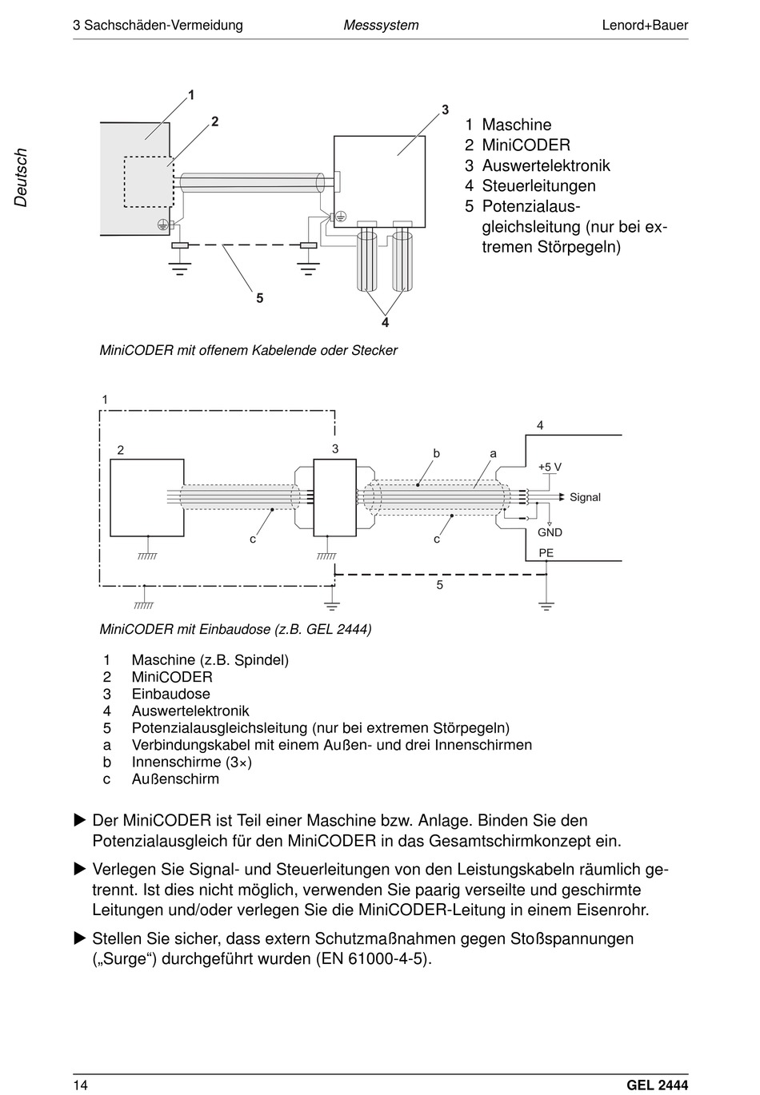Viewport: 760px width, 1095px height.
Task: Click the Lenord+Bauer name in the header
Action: pos(644,25)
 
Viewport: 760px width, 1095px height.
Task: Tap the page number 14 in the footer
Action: pos(80,1085)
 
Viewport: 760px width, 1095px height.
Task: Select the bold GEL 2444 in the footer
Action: pos(657,1085)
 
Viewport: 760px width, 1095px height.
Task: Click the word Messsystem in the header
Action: pos(381,25)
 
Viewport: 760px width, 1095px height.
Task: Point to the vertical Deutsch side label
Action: pos(21,177)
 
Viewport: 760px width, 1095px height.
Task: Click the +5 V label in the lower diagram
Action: pos(550,467)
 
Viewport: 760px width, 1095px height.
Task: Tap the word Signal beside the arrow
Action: pos(585,497)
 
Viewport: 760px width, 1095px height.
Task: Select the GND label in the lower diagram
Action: pos(550,532)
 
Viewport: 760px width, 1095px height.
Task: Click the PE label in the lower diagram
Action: pos(546,553)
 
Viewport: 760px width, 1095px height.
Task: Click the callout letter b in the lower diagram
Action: pos(437,453)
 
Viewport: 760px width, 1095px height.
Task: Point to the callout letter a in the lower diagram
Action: pos(494,453)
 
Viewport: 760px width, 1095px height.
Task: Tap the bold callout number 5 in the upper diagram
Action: pos(260,298)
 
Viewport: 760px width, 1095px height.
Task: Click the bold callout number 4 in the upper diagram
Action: pos(386,323)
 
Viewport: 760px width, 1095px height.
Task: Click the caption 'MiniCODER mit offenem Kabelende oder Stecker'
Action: pos(248,350)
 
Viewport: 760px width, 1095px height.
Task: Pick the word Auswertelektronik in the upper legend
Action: pos(546,165)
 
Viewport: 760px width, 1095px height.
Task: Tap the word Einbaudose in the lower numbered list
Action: pos(170,694)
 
